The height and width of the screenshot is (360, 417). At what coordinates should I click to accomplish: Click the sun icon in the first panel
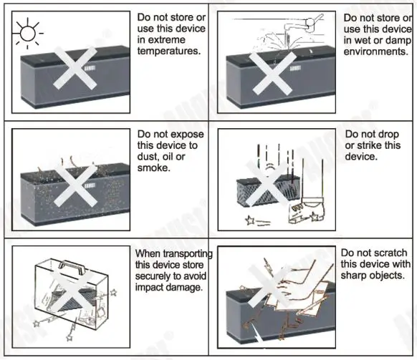pyautogui.click(x=28, y=34)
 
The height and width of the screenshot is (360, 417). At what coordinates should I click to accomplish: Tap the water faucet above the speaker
pyautogui.click(x=303, y=24)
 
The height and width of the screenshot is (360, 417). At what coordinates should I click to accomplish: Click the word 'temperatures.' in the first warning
pyautogui.click(x=169, y=51)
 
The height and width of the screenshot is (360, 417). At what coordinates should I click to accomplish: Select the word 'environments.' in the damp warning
pyautogui.click(x=375, y=52)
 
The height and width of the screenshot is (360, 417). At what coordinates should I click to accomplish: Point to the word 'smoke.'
pyautogui.click(x=153, y=167)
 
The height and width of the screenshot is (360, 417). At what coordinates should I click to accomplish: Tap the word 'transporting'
pyautogui.click(x=188, y=254)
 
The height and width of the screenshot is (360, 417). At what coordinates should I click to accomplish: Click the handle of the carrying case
pyautogui.click(x=72, y=266)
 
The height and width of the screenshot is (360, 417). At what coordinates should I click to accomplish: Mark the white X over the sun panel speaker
pyautogui.click(x=75, y=68)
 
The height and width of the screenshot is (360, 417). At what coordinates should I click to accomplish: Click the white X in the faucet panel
pyautogui.click(x=274, y=73)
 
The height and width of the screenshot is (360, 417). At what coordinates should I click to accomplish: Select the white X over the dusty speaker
pyautogui.click(x=75, y=185)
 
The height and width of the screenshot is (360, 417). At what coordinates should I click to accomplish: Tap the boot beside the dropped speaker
pyautogui.click(x=307, y=210)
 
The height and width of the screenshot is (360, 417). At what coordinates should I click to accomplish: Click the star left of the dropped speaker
pyautogui.click(x=249, y=220)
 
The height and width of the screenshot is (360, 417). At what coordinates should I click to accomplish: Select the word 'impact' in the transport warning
pyautogui.click(x=149, y=288)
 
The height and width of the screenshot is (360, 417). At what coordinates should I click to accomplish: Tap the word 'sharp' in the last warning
pyautogui.click(x=354, y=276)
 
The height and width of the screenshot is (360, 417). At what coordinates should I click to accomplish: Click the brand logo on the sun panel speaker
pyautogui.click(x=90, y=68)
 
